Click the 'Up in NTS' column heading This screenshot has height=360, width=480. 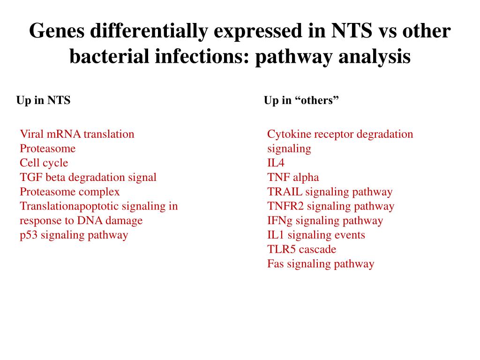[x=43, y=100]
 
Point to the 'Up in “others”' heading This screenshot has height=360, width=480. [x=301, y=100]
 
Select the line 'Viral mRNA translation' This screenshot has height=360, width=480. [x=77, y=134]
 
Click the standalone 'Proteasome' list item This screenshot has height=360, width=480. [x=47, y=149]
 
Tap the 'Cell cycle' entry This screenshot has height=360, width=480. [x=44, y=163]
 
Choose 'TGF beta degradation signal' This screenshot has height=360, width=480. [x=88, y=178]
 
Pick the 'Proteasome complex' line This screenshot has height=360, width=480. [x=69, y=192]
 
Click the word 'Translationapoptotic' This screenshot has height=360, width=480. [x=69, y=206]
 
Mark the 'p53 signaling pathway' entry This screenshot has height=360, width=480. [x=74, y=235]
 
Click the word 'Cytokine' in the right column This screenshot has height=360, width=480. [x=289, y=134]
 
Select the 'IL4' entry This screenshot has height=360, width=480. [x=276, y=163]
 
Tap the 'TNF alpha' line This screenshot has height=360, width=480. [x=293, y=178]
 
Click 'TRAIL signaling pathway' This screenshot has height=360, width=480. [x=330, y=192]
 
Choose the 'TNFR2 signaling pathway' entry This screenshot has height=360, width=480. [x=330, y=206]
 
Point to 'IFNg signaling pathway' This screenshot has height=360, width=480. [x=325, y=221]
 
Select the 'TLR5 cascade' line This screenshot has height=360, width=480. [x=301, y=249]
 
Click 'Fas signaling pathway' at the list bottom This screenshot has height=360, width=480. [x=321, y=264]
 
